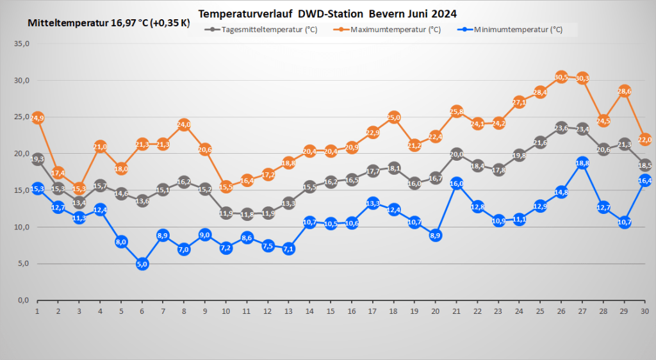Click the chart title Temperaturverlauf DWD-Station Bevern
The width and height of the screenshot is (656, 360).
pyautogui.click(x=327, y=13)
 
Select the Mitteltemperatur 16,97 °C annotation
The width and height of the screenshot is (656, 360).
pyautogui.click(x=109, y=23)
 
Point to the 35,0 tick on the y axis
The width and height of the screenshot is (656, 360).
pyautogui.click(x=22, y=44)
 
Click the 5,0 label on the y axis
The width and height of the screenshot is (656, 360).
pyautogui.click(x=24, y=263)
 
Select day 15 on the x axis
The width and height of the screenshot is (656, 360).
pyautogui.click(x=331, y=311)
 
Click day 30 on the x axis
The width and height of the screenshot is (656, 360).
pyautogui.click(x=644, y=311)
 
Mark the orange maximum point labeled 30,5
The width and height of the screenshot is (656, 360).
pyautogui.click(x=561, y=77)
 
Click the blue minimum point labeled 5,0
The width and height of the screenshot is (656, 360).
pyautogui.click(x=142, y=263)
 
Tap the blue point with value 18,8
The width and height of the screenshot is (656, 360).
pyautogui.click(x=582, y=163)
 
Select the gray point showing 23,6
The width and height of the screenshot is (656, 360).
pyautogui.click(x=561, y=127)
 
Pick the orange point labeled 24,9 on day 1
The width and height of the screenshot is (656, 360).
pyautogui.click(x=37, y=118)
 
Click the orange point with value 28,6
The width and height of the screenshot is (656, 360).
pyautogui.click(x=624, y=91)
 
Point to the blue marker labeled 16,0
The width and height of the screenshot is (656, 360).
pyautogui.click(x=457, y=183)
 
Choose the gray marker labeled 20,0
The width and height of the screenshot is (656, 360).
pyautogui.click(x=457, y=154)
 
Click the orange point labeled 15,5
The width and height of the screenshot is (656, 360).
pyautogui.click(x=226, y=186)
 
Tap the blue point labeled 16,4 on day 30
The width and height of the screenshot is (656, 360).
pyautogui.click(x=644, y=180)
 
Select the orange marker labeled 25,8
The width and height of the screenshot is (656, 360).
pyautogui.click(x=457, y=111)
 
